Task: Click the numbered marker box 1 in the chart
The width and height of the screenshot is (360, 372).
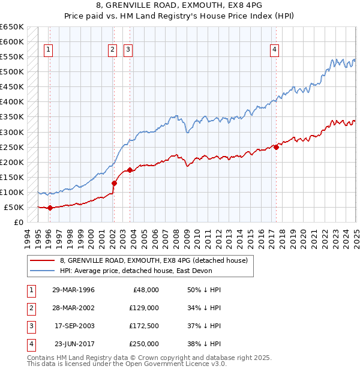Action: (48, 50)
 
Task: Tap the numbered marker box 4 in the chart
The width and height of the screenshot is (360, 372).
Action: (274, 50)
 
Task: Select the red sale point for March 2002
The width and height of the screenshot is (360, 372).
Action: (114, 183)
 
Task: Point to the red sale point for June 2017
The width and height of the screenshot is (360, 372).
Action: (276, 147)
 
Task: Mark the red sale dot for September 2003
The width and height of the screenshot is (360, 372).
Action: (130, 170)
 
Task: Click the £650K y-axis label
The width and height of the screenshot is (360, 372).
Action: (11, 27)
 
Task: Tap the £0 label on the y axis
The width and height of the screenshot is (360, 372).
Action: (18, 222)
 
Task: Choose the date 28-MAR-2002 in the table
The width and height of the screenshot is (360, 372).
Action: (74, 308)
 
